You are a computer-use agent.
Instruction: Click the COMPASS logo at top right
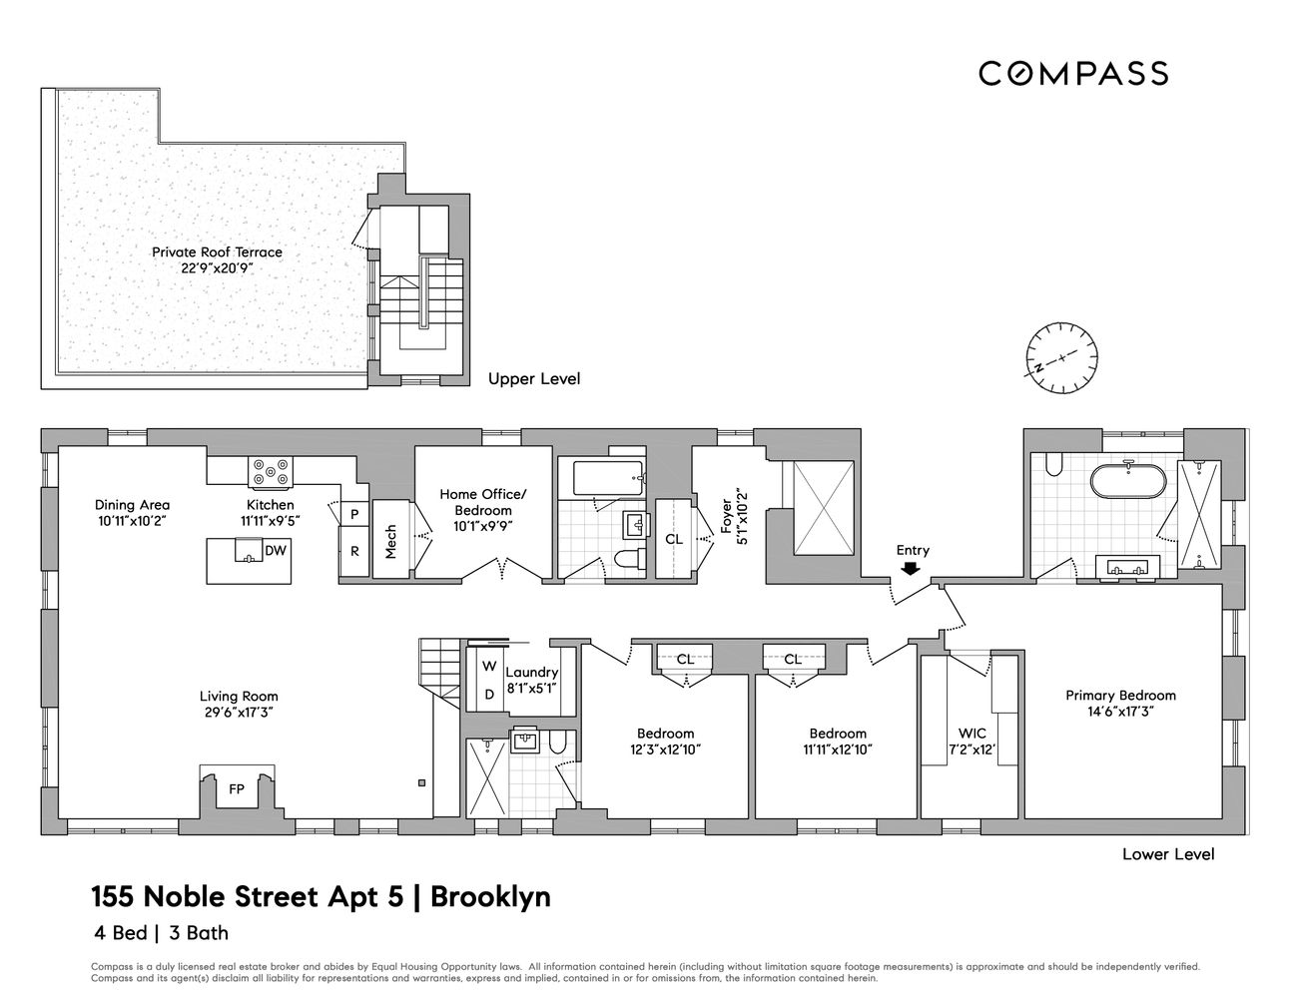(1072, 73)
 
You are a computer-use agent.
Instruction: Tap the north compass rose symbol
(1063, 357)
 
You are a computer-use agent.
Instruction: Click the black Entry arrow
(912, 569)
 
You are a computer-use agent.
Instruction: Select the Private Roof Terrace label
(217, 252)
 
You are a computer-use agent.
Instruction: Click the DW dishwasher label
(274, 550)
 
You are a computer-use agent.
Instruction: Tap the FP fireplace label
(237, 789)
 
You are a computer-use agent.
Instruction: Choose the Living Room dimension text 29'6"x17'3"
(238, 713)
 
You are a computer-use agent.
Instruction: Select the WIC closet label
(971, 734)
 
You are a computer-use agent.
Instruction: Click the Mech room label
(390, 540)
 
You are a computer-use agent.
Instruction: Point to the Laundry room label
(531, 673)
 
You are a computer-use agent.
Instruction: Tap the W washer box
(489, 666)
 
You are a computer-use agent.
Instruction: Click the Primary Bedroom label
(1120, 696)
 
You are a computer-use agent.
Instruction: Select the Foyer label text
(726, 511)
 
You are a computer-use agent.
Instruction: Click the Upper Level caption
(533, 379)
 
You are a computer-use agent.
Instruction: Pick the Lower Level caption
(1168, 854)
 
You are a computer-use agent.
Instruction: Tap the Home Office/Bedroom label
(483, 502)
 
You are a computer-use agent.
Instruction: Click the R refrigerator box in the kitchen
(354, 550)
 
